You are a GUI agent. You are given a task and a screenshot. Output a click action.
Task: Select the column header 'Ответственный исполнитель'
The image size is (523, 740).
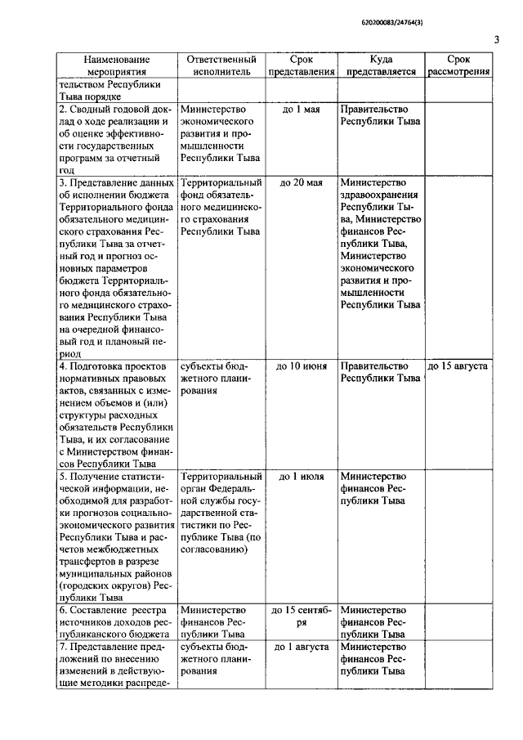221,65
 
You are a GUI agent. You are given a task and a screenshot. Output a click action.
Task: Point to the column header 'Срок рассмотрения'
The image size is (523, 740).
458,65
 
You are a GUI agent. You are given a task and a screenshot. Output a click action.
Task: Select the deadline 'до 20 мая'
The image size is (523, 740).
301,183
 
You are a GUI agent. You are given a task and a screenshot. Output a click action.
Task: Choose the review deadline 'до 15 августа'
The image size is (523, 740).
458,366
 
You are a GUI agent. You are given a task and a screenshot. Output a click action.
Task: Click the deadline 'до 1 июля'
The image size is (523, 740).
301,476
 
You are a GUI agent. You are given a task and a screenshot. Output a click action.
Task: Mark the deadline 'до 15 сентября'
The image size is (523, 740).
301,616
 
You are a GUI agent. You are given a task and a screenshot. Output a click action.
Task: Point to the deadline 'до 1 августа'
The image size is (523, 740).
301,647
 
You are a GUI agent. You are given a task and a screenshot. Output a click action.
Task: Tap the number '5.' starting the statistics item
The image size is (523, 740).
63,476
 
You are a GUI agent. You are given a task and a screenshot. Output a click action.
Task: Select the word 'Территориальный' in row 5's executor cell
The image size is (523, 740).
221,476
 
